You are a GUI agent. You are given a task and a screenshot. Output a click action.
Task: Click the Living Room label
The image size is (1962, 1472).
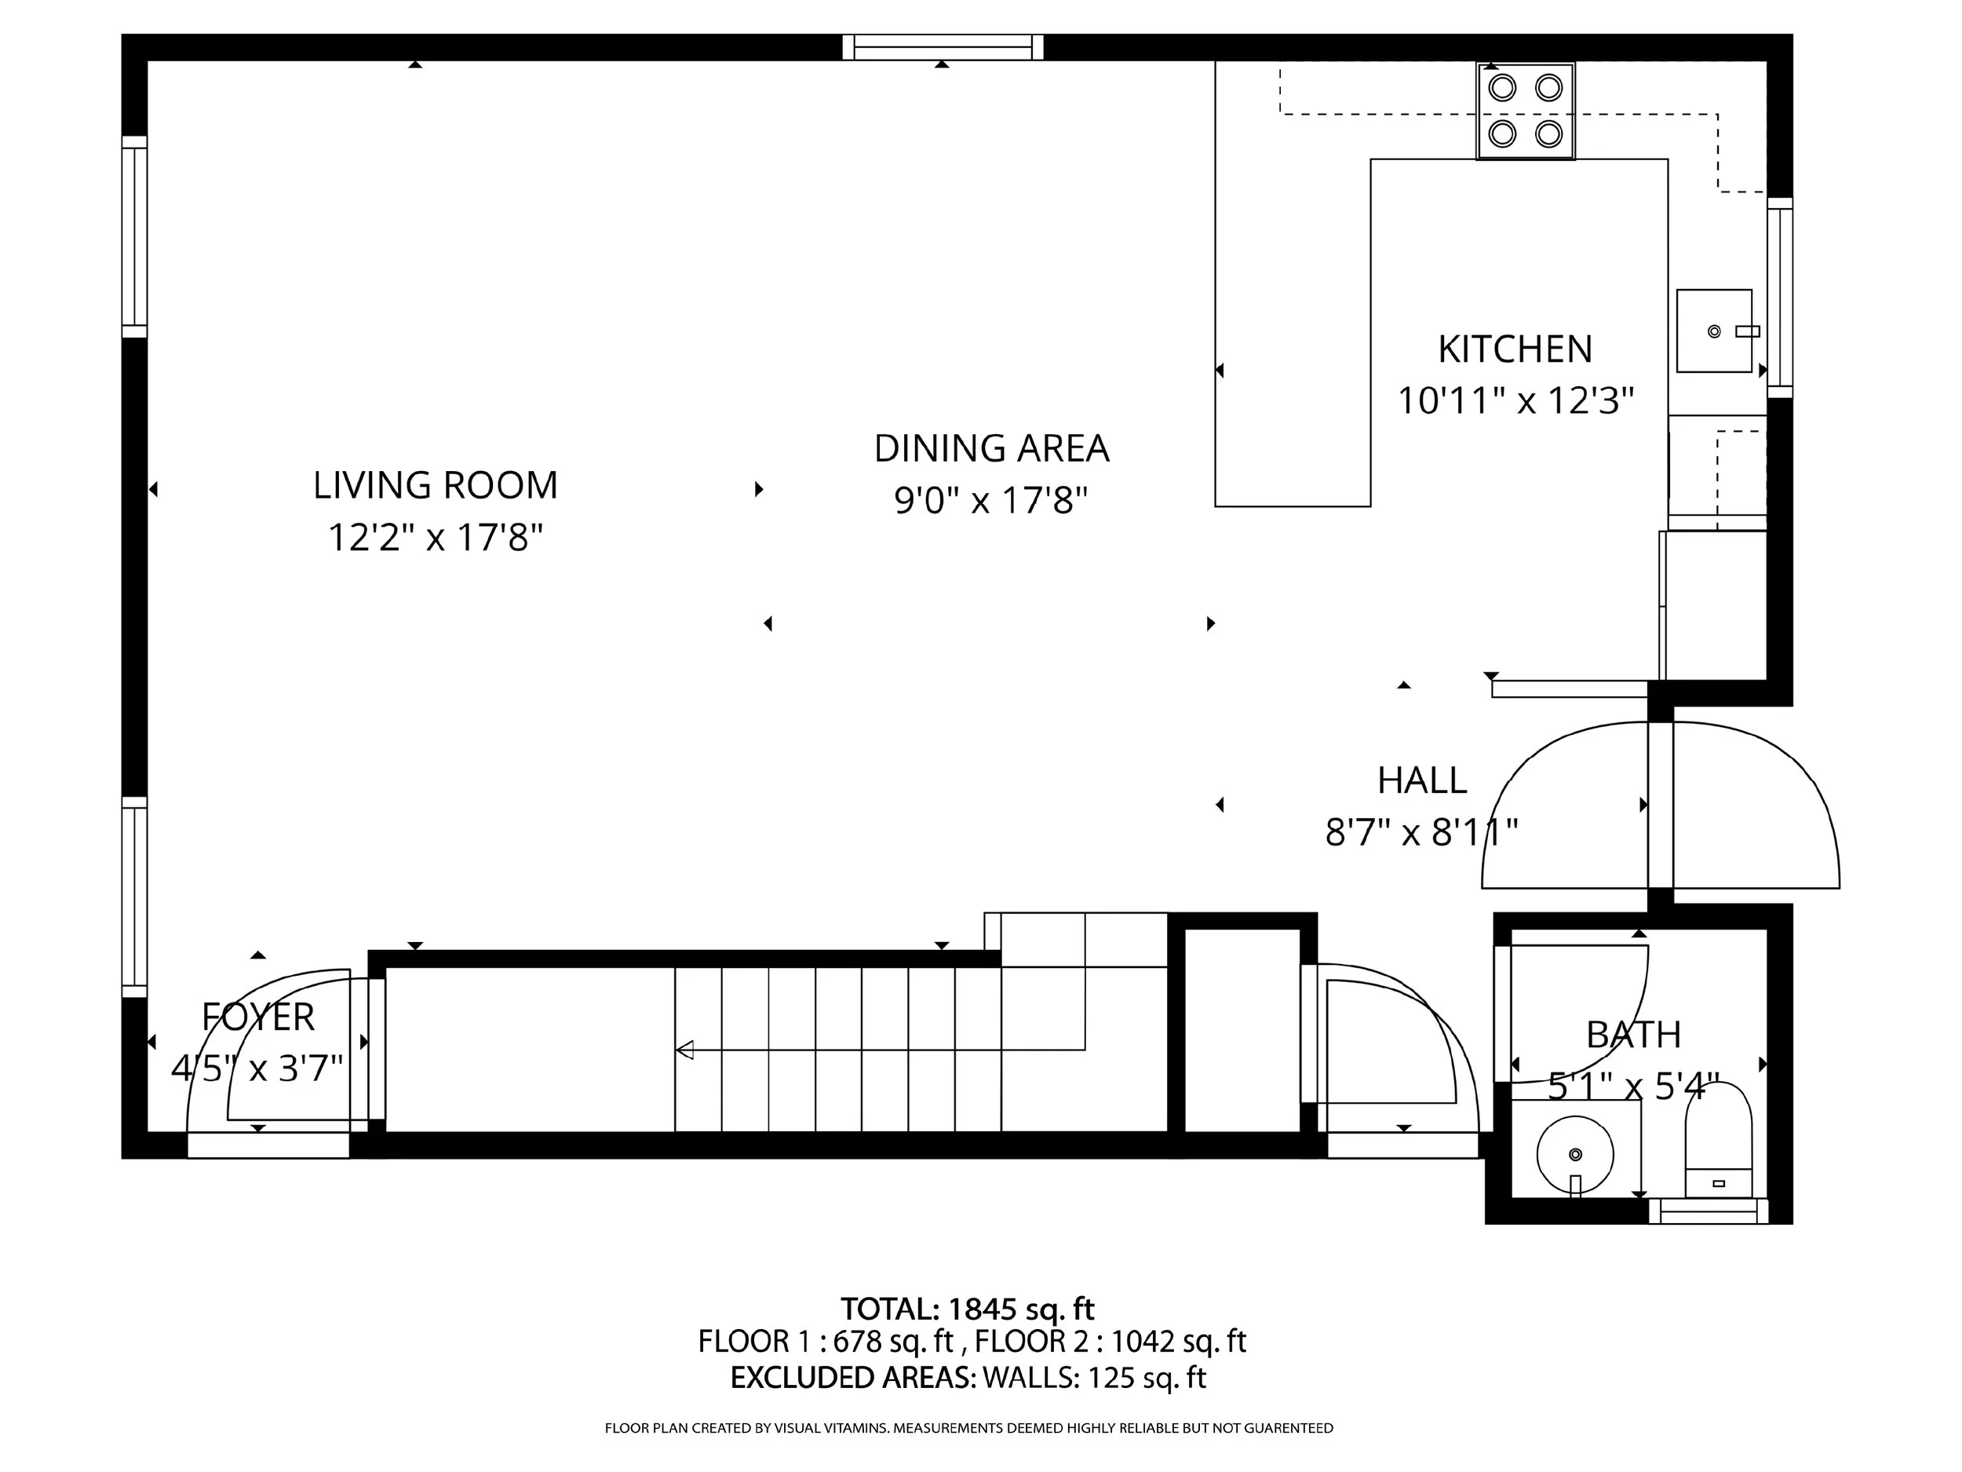tap(436, 485)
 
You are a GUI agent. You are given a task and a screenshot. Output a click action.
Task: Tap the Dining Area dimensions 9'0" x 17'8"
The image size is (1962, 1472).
tap(990, 500)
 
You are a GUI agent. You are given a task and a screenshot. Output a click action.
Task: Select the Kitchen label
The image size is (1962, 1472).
tap(1515, 349)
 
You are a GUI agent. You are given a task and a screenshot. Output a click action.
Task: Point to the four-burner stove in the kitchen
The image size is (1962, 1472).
tap(1526, 111)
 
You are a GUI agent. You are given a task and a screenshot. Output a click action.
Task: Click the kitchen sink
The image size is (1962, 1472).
tap(1715, 331)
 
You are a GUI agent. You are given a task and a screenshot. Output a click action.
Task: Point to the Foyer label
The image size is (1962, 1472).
tap(258, 1017)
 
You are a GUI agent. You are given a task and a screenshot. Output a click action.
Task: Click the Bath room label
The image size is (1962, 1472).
tap(1633, 1035)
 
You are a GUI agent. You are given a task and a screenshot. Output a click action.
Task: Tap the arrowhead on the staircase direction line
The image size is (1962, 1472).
tap(684, 1050)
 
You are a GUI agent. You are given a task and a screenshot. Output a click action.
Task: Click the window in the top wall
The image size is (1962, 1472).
tap(943, 47)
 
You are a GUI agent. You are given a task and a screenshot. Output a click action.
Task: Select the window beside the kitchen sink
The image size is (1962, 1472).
tap(1780, 298)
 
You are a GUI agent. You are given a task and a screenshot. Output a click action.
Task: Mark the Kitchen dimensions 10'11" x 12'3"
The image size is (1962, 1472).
tap(1515, 401)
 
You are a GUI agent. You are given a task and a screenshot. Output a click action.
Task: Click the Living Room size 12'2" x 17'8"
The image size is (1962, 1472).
tap(436, 538)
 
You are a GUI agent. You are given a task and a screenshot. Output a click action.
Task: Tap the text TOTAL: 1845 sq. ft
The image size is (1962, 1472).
tap(968, 1309)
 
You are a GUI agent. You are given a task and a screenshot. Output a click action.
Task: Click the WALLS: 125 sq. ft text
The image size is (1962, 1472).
tap(1094, 1377)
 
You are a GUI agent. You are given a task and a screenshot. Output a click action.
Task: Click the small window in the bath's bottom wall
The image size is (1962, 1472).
tap(1709, 1211)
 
